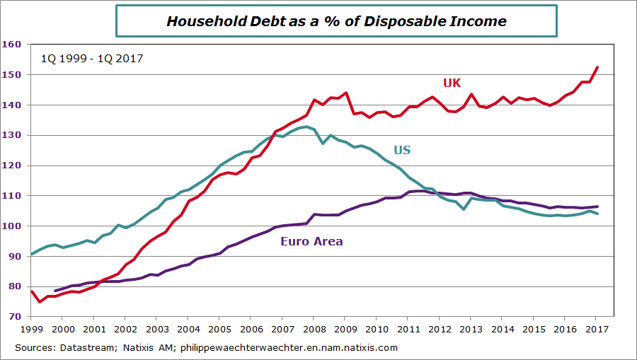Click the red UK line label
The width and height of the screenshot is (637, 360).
tap(452, 83)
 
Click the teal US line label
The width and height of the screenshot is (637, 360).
tap(401, 150)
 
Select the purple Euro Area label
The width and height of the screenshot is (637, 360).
tap(311, 241)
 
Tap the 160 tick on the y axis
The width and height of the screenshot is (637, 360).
tap(12, 44)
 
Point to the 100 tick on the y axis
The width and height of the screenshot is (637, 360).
tap(12, 226)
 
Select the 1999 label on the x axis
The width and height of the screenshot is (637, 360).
tap(31, 329)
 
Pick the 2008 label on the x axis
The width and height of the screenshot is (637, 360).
tap(314, 329)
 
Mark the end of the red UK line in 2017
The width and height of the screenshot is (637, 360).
tap(597, 67)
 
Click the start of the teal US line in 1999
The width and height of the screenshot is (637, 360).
tap(32, 253)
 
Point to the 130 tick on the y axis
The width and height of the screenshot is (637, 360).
tap(12, 135)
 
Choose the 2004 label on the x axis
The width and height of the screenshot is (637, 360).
tap(188, 329)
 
